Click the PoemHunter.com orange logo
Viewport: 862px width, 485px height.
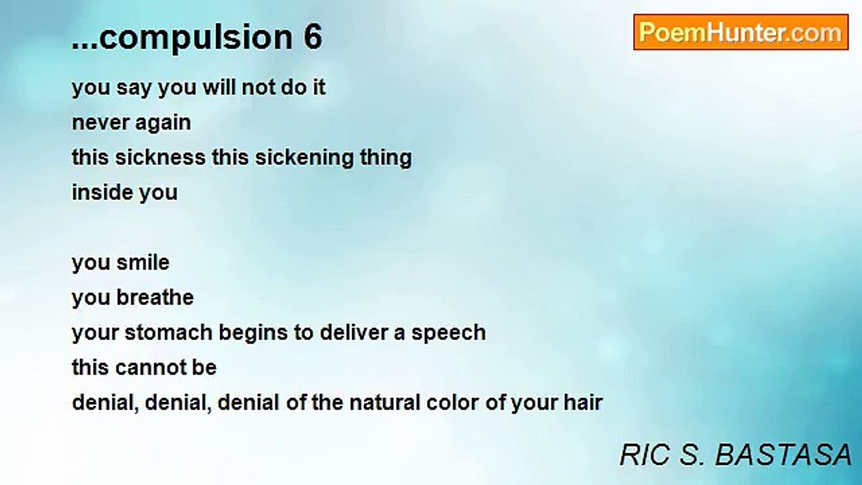point(741,32)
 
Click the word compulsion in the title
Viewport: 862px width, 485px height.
point(196,38)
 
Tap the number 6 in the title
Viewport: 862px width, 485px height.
point(312,36)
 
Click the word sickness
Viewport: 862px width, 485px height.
point(160,158)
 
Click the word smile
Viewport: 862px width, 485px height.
point(143,263)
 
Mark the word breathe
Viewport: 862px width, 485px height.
point(155,298)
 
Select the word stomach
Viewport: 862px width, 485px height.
point(168,333)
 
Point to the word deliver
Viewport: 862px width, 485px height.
point(354,333)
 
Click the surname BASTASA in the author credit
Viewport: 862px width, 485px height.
point(783,455)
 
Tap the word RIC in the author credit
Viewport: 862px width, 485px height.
point(644,455)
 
